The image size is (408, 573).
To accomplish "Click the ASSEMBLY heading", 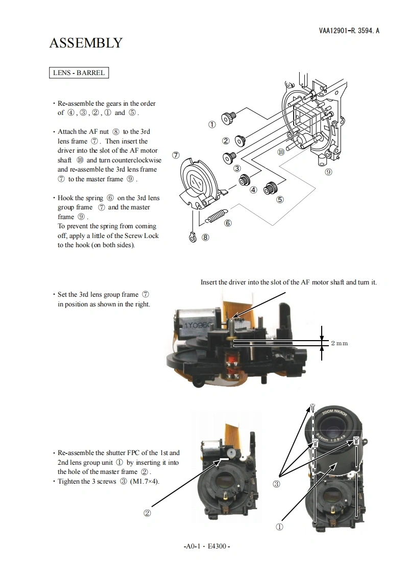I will (86, 43).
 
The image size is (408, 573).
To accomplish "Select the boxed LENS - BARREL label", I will (79, 73).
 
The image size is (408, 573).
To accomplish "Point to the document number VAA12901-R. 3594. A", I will (349, 31).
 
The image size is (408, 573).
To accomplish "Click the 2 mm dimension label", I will (339, 343).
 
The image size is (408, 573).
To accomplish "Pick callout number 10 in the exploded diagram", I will (281, 152).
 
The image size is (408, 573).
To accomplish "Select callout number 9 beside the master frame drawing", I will (328, 172).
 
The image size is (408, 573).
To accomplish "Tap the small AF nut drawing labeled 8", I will (192, 237).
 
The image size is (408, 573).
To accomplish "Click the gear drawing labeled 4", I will (245, 180).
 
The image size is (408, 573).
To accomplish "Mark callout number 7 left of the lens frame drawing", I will (176, 155).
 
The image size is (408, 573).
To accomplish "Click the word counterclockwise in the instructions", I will (136, 160).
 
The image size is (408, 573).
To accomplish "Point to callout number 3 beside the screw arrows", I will (276, 484).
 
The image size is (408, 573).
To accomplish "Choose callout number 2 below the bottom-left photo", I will (147, 513).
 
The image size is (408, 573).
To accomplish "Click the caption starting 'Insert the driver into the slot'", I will (289, 282).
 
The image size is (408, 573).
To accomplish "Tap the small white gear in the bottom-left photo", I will (231, 452).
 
